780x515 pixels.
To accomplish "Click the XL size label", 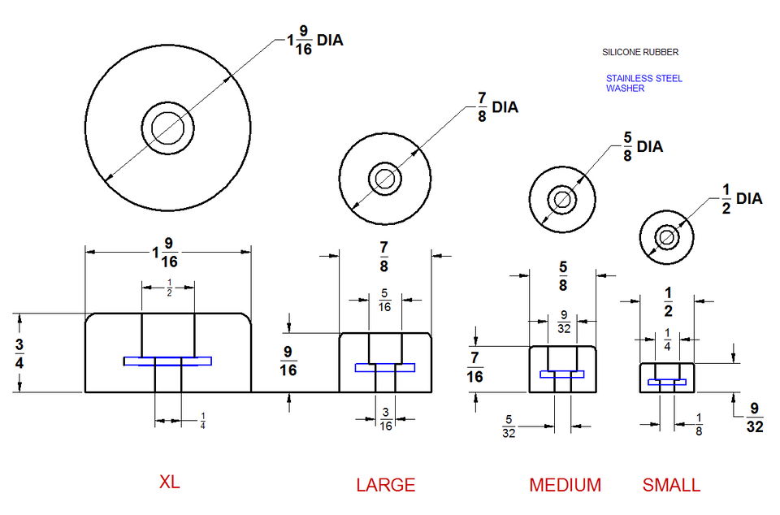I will tap(169, 482).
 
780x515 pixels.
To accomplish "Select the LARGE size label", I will tap(385, 485).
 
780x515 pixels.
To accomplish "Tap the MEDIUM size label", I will tap(565, 485).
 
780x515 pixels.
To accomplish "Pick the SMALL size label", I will tap(671, 485).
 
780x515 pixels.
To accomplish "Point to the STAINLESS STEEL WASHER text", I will tap(643, 84).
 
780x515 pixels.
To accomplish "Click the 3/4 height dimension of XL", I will tap(19, 353).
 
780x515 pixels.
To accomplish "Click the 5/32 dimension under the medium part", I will tap(509, 426).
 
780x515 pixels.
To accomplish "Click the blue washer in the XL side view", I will tap(167, 361).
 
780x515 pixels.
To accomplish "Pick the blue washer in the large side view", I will tap(384, 368).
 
